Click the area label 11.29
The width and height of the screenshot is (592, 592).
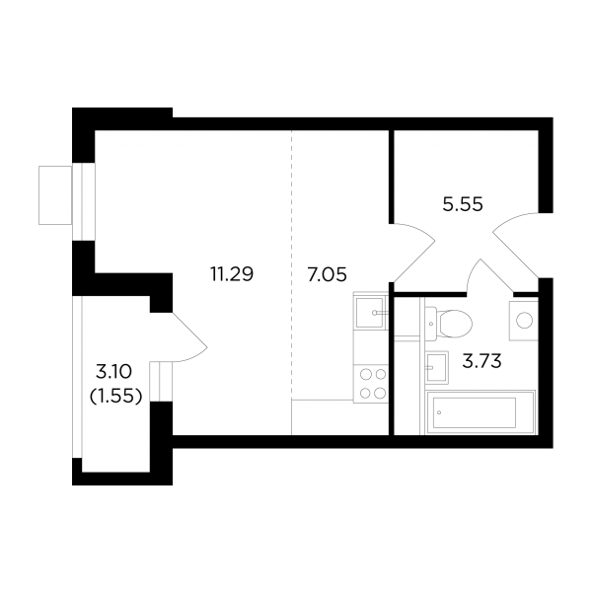tap(232, 274)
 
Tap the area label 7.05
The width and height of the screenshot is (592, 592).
tap(327, 274)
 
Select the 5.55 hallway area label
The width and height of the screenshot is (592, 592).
tap(463, 205)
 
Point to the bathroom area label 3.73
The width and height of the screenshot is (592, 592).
tap(481, 361)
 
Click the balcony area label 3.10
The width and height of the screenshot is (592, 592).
tap(113, 372)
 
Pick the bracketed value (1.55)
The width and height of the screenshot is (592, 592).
tap(115, 396)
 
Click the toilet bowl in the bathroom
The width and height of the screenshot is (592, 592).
tap(449, 324)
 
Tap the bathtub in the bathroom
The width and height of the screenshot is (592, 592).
tap(481, 412)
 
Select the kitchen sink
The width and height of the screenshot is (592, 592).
tap(370, 313)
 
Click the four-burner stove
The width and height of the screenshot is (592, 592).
tap(371, 384)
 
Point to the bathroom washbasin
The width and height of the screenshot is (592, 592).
tap(437, 367)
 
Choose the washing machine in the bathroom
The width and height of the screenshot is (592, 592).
tap(523, 321)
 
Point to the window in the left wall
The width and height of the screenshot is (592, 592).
tap(84, 201)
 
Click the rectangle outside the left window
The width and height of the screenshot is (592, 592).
tap(55, 195)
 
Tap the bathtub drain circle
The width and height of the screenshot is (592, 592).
tap(439, 412)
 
